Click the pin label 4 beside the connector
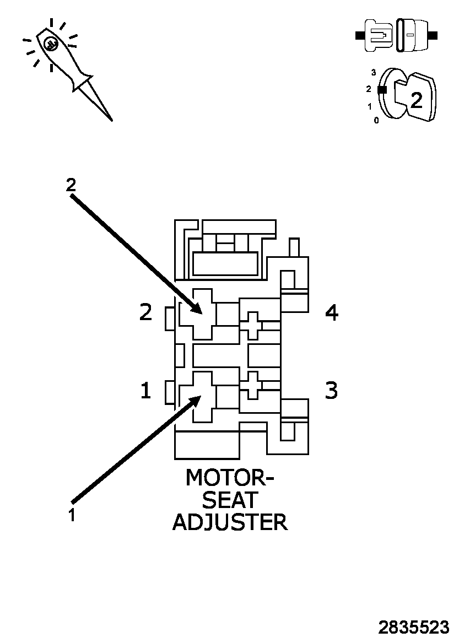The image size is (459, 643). [331, 313]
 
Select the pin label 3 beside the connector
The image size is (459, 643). [331, 390]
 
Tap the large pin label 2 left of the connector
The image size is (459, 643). [145, 312]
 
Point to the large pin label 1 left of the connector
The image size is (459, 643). [145, 391]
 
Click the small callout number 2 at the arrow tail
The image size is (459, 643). [71, 185]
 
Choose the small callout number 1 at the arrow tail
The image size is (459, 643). [72, 516]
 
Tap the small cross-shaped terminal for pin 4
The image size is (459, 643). [253, 325]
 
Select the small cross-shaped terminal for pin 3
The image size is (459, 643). [253, 385]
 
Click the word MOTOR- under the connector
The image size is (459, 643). [230, 478]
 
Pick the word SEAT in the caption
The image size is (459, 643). [230, 500]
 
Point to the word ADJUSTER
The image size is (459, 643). [230, 522]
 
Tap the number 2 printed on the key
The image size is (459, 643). [417, 100]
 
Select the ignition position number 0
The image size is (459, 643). [376, 120]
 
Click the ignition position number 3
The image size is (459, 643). [374, 72]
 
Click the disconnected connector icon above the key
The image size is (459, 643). [397, 36]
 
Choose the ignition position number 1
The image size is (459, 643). [370, 106]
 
